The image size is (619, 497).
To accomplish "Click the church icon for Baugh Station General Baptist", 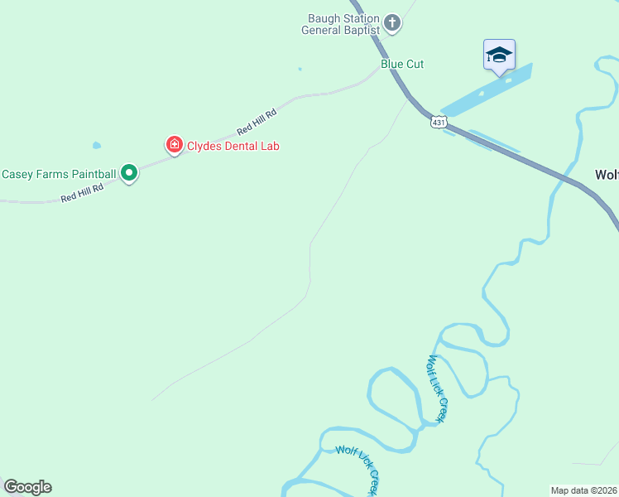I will point(392,23).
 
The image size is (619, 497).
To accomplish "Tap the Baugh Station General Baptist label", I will point(343,24).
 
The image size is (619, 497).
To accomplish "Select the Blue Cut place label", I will point(402,64).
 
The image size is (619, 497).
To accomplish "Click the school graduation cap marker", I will point(499,55).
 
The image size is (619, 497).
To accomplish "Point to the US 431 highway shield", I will point(439,122).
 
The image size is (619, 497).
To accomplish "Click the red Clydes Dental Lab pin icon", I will point(174,146).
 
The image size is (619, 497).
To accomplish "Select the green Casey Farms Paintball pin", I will point(128,173).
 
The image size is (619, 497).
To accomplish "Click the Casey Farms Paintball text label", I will point(59,174).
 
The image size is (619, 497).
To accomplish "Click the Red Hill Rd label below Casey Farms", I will point(82,193).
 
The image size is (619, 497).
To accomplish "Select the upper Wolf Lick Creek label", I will point(437,388).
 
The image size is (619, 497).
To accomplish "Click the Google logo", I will point(27,487).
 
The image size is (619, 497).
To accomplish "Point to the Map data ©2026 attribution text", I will point(583,490).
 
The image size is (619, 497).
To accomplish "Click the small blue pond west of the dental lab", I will point(97,145).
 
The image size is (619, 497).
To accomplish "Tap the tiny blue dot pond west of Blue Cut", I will point(300,69).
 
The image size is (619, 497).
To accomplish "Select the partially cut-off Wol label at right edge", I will point(607,175).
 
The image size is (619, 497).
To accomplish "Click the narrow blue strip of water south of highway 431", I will point(493,141).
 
